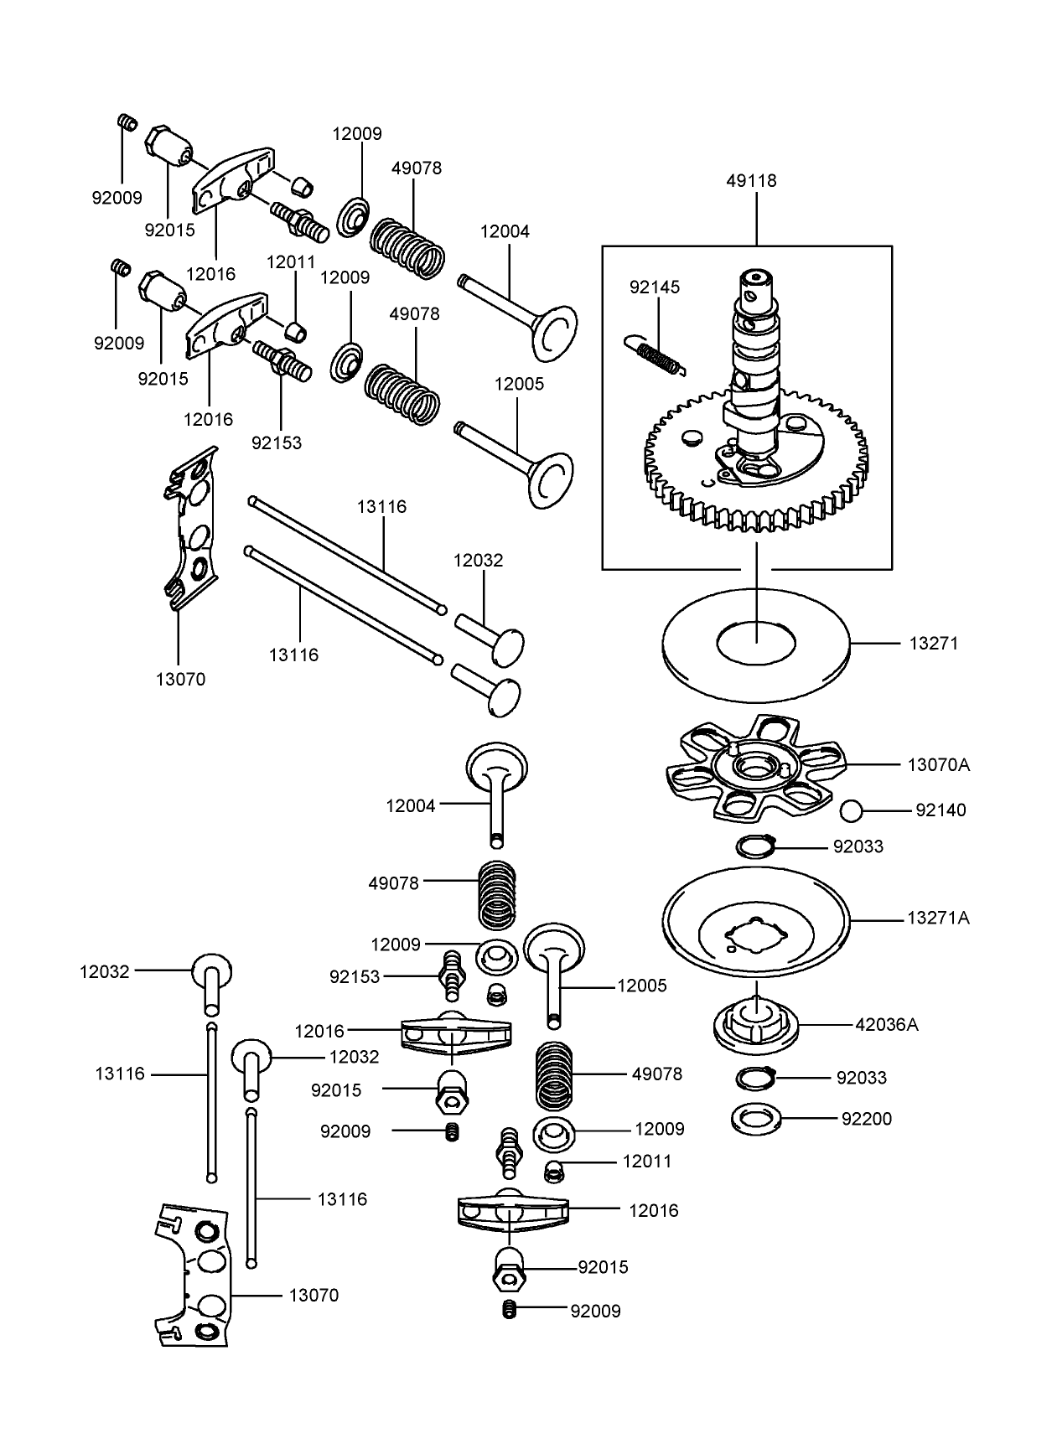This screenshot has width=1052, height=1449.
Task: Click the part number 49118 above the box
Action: tap(752, 180)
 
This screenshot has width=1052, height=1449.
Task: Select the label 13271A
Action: tap(938, 918)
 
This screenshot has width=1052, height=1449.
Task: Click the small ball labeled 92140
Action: tap(852, 810)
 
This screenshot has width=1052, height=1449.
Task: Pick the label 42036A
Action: tap(886, 1024)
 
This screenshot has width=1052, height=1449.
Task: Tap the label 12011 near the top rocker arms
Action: tap(291, 261)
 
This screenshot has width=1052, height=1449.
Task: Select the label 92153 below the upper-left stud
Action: tap(277, 442)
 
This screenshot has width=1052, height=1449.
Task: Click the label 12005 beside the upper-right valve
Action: tap(519, 384)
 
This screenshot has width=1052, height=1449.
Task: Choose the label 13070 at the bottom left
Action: tap(314, 1295)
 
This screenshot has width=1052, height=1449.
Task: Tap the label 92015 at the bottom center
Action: tap(603, 1267)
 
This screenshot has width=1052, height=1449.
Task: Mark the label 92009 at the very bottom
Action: tap(595, 1311)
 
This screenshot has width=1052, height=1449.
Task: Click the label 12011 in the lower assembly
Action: tap(647, 1162)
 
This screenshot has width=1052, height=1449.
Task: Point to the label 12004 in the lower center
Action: tap(411, 805)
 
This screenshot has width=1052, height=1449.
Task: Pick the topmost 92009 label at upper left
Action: tap(117, 198)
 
